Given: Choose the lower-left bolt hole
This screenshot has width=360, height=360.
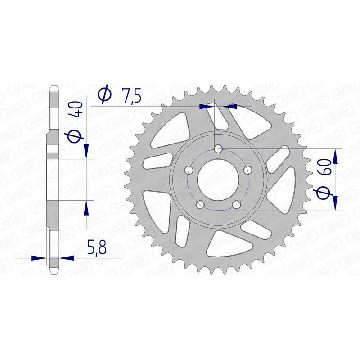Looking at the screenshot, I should coord(200,205).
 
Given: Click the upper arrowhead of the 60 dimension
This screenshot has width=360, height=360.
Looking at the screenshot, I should coord(335,155).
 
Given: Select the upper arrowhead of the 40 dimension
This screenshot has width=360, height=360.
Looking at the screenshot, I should coord(86,152).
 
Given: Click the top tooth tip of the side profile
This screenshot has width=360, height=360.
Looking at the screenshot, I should coord(53,86).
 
